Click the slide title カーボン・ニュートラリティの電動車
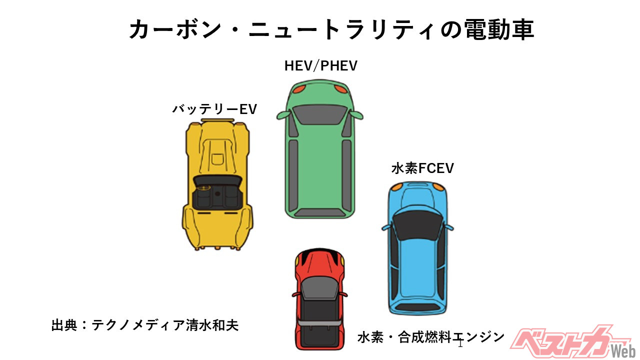[x=331, y=30]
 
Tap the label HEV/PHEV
[x=321, y=66]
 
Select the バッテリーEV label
[x=214, y=109]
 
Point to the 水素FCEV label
[x=422, y=168]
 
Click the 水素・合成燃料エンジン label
[x=431, y=337]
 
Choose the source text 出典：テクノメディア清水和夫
[x=145, y=325]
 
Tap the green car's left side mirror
[x=283, y=114]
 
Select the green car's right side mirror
[x=356, y=114]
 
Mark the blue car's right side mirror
[x=448, y=228]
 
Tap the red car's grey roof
[x=319, y=289]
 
